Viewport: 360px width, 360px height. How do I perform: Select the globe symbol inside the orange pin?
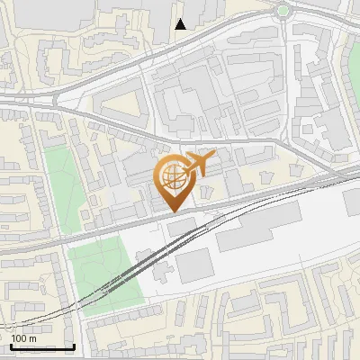pos(171,175)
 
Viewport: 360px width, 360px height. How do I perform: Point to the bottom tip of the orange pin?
pos(171,210)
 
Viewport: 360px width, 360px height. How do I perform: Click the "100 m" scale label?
pos(23,338)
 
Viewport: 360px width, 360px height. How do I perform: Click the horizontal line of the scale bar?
pos(42,346)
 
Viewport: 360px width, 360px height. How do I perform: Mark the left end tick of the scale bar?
pos(11,345)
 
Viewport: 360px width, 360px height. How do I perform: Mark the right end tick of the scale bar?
pos(74,345)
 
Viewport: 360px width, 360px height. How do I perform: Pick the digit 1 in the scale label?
pos(13,338)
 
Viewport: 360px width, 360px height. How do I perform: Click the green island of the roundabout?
pos(284,11)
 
